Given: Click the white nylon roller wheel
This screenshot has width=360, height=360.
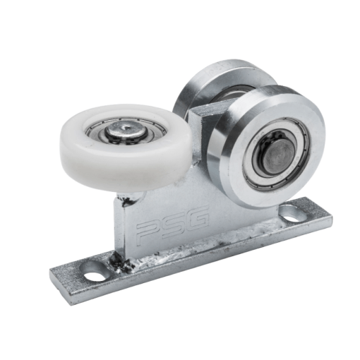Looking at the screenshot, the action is click(x=125, y=148).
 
